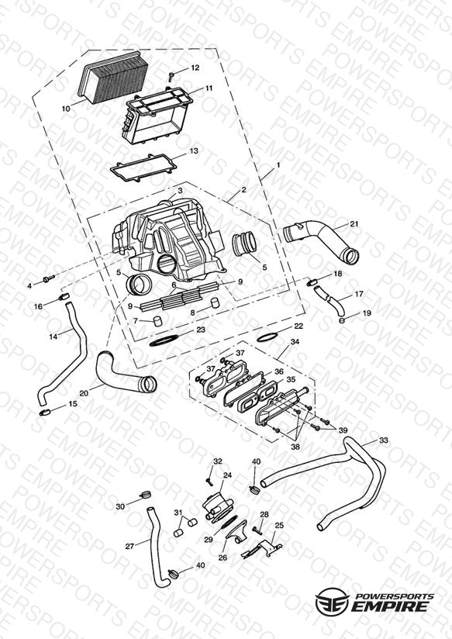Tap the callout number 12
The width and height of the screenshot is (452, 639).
(x=195, y=67)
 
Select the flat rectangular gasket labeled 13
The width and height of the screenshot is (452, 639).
(x=143, y=168)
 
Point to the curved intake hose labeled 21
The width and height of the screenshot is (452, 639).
(x=322, y=242)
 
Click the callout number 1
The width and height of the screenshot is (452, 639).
(x=278, y=165)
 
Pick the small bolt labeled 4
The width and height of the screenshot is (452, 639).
(x=49, y=279)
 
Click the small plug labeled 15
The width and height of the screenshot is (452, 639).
(x=44, y=413)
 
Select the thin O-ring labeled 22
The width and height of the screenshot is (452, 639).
(x=267, y=337)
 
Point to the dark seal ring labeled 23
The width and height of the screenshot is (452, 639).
(x=164, y=340)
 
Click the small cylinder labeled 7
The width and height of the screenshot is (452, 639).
(x=157, y=321)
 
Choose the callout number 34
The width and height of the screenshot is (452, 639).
(x=295, y=341)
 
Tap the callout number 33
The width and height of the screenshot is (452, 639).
(x=384, y=440)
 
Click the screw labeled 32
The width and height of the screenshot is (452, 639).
(x=209, y=482)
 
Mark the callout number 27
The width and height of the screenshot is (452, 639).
(x=129, y=546)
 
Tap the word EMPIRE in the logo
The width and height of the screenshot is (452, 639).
(x=390, y=606)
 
